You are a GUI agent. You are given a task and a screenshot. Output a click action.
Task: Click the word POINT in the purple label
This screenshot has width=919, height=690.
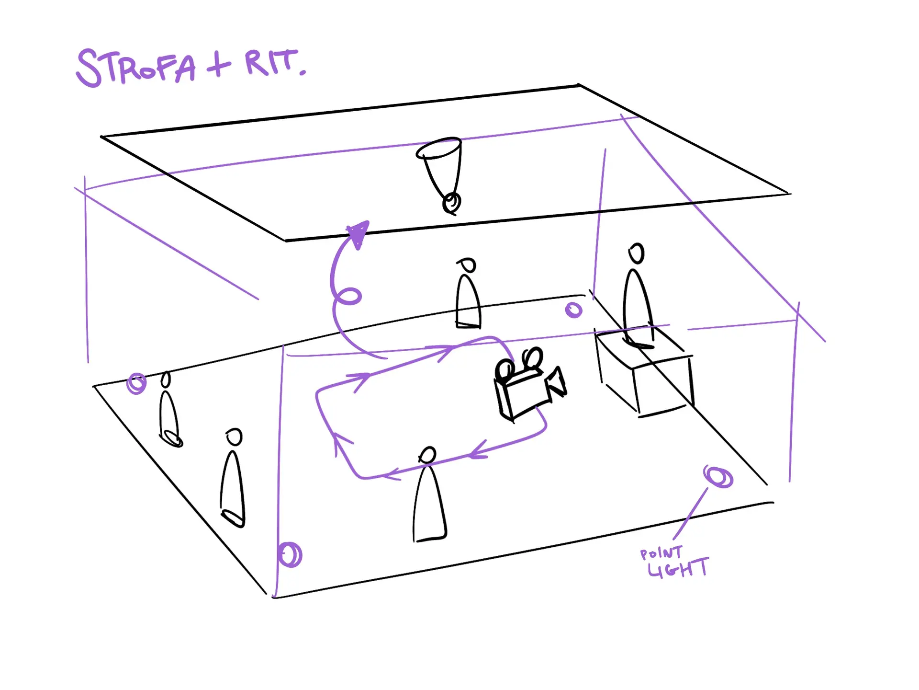(661, 553)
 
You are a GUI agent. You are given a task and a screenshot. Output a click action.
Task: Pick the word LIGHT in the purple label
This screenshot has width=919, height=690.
(678, 568)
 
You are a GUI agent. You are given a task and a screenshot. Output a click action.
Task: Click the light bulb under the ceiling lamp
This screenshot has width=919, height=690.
(451, 203)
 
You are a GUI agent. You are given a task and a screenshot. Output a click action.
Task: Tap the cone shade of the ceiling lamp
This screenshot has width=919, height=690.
(439, 163)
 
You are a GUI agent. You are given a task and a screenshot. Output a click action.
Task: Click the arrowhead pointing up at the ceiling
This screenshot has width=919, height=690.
(359, 233)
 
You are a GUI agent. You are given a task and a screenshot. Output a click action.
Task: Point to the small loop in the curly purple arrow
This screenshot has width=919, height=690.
(348, 296)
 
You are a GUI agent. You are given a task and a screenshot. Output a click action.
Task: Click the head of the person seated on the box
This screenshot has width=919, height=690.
(637, 253)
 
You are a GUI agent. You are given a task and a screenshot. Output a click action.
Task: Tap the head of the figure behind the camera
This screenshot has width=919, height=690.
(468, 264)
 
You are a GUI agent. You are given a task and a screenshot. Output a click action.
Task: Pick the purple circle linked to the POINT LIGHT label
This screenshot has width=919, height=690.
(718, 477)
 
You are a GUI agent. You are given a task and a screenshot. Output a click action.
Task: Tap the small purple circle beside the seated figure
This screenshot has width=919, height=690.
(573, 310)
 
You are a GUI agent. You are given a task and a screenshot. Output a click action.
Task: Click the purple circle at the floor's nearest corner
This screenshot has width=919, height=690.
(290, 554)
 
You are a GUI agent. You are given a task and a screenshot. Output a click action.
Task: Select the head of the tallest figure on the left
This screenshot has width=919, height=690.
(234, 437)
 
